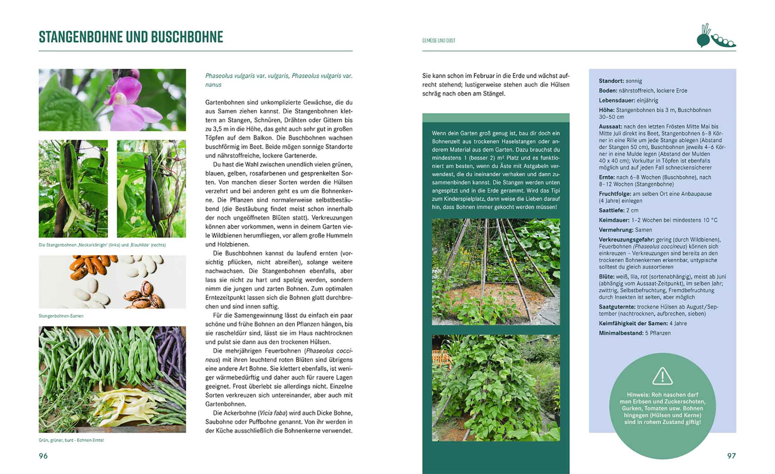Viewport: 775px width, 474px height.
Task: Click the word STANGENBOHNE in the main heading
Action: point(81,37)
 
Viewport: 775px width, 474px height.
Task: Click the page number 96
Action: point(43,456)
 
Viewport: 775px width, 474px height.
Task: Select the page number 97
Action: point(731,456)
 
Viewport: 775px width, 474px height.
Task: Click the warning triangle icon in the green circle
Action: point(662,376)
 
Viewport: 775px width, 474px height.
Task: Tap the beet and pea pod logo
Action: point(716,36)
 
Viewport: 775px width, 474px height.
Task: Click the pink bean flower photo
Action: point(112,100)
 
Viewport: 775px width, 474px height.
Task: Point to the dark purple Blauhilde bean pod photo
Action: point(151,188)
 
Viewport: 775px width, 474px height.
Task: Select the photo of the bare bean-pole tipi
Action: point(496,271)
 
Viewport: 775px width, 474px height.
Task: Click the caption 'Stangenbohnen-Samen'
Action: point(61,316)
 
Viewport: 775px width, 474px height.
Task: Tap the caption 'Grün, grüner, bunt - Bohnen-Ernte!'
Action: point(71,440)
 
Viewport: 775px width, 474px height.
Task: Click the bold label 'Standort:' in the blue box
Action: point(611,81)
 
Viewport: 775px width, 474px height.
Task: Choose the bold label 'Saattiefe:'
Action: point(611,210)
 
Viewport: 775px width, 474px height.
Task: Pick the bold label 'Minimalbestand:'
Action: point(621,333)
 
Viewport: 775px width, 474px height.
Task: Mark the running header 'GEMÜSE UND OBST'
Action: point(439,40)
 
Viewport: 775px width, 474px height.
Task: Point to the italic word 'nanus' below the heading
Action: point(213,85)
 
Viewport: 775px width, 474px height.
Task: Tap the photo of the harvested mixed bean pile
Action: point(112,379)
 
